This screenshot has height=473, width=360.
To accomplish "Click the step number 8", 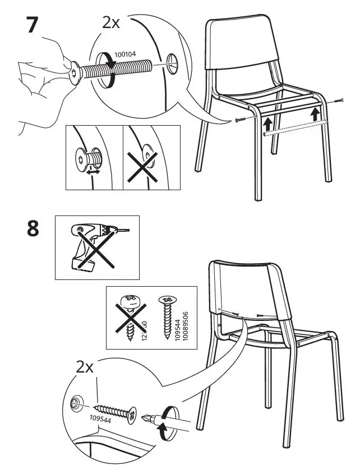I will coord(33,230).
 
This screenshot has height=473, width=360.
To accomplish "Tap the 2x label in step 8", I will coord(85,367).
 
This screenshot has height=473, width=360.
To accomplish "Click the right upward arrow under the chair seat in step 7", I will coord(317,114).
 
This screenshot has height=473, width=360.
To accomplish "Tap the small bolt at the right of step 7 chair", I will coord(337,102).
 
